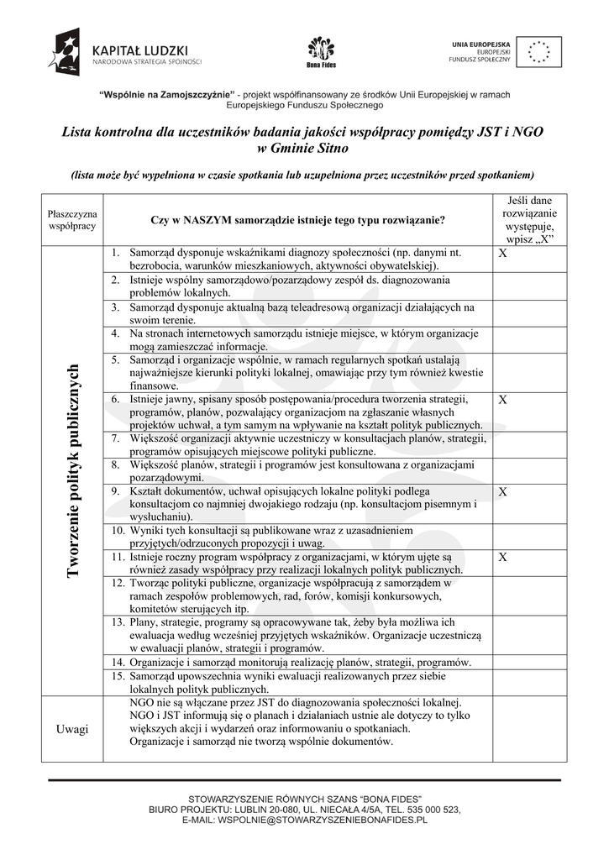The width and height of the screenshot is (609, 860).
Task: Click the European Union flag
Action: click(538, 51)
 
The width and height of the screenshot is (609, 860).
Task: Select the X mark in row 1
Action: click(502, 254)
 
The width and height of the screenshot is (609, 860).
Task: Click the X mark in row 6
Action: click(502, 401)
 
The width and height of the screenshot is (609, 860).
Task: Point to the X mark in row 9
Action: click(502, 491)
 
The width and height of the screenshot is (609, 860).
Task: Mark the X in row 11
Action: click(502, 557)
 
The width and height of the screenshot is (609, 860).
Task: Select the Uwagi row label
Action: click(72, 729)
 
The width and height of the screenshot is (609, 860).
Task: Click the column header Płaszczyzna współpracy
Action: click(72, 220)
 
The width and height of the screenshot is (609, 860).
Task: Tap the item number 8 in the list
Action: click(116, 464)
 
